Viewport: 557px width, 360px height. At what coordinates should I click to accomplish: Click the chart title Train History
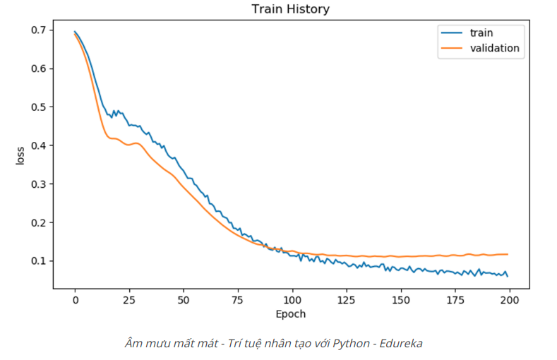(290, 9)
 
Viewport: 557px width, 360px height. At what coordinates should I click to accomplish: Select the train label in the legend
(481, 32)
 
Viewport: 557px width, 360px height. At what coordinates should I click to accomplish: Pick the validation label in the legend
(495, 49)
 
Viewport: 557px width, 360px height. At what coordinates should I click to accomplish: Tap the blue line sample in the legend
(451, 32)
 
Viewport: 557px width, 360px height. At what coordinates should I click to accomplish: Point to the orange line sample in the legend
(451, 49)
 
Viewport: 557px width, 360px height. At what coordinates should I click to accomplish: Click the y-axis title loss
(20, 155)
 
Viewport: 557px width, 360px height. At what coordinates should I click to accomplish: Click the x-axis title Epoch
(291, 313)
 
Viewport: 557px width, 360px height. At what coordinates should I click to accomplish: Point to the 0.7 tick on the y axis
(38, 30)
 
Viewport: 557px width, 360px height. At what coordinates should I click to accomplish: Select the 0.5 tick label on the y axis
(38, 107)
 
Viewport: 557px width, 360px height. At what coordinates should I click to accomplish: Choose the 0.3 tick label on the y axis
(38, 184)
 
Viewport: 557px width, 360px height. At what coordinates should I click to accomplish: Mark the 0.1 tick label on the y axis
(38, 261)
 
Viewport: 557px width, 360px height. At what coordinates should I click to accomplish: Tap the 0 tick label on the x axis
(75, 300)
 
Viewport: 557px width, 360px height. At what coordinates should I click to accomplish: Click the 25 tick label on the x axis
(129, 300)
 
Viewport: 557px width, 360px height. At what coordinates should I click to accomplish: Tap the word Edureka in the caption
(402, 343)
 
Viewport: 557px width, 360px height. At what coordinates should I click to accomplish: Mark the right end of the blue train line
(508, 275)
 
